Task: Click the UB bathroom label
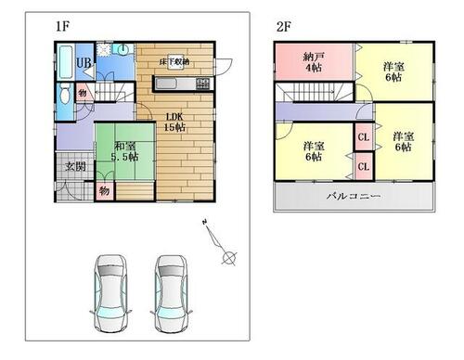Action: point(83,63)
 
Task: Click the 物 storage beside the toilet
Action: point(82,93)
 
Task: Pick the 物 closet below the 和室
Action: point(104,190)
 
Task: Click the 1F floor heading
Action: point(62,25)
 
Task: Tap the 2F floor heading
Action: point(282,25)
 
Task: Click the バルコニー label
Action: point(353,196)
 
